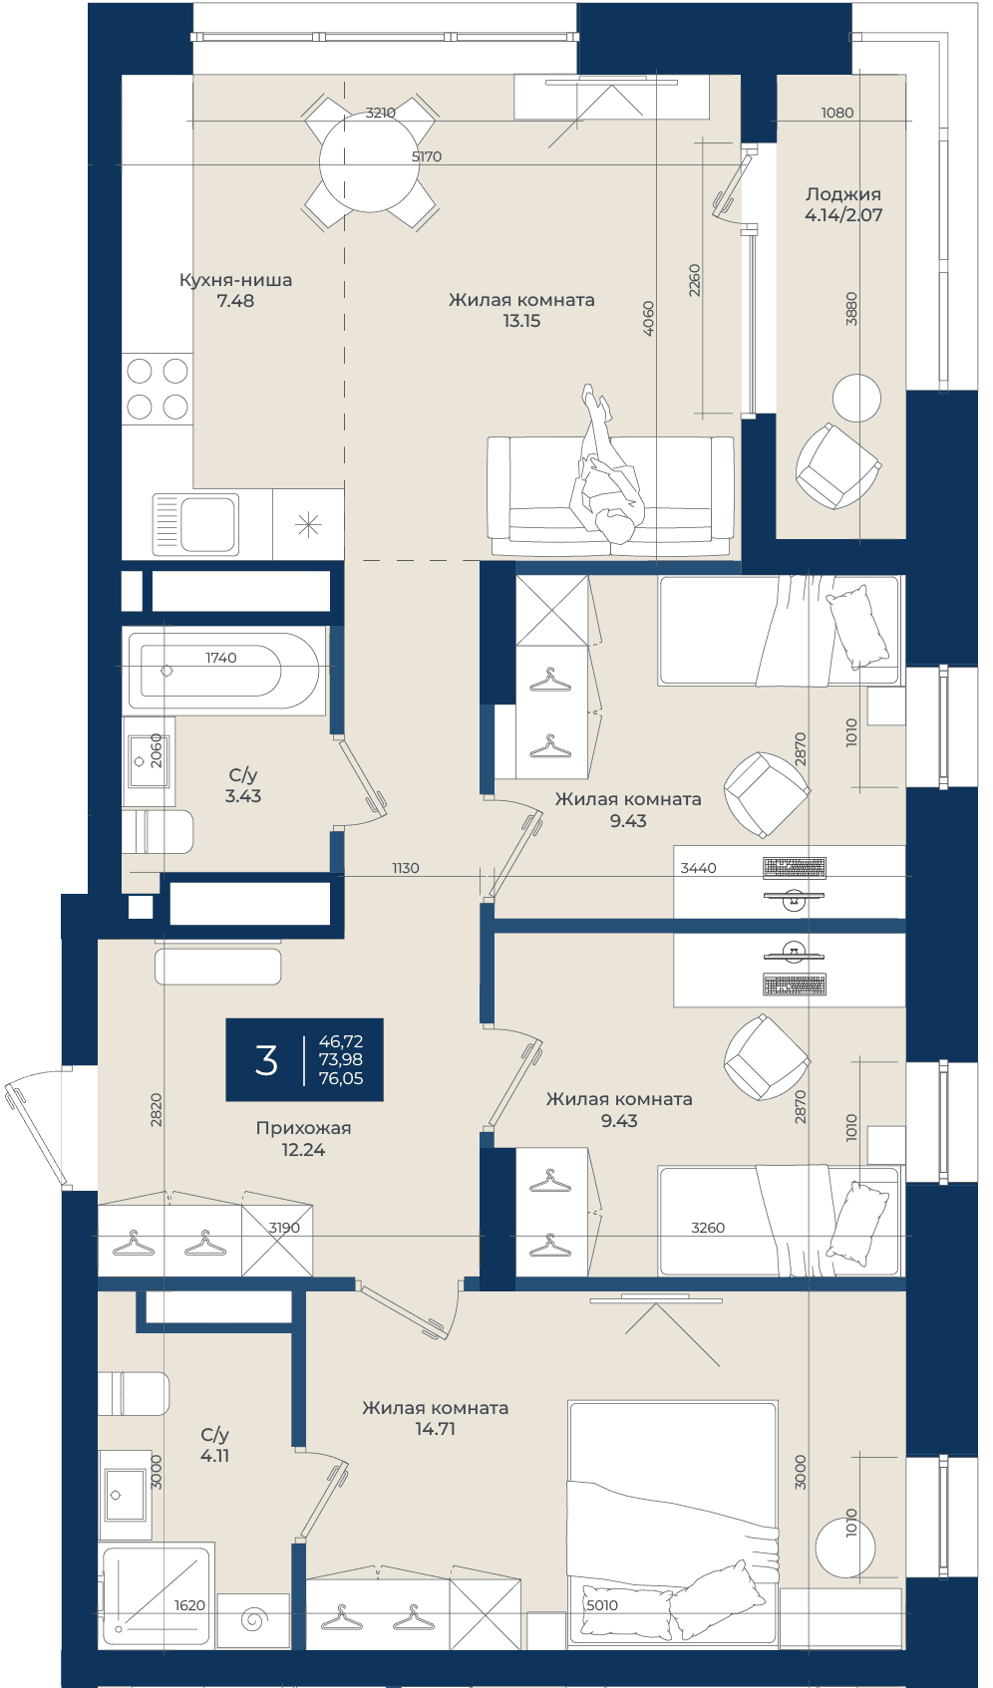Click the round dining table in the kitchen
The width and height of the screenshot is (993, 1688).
point(369,162)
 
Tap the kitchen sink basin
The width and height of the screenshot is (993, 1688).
point(206,524)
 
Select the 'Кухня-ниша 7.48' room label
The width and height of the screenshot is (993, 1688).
point(235,290)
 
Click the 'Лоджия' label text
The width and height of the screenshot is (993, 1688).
point(843,194)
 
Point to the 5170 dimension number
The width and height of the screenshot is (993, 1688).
point(427,156)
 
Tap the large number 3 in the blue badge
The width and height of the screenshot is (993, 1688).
point(266,1060)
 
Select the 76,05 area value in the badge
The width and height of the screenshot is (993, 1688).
point(341,1078)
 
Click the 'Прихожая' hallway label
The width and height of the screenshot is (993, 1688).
point(303,1128)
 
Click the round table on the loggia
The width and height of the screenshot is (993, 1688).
point(856,398)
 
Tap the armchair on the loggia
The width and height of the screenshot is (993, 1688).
point(837,465)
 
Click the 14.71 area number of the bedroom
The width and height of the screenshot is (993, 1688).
point(435,1429)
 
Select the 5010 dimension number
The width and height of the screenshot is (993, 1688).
point(601,1605)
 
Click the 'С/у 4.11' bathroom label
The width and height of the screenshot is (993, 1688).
point(215,1445)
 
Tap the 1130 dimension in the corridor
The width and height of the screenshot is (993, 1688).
point(405,868)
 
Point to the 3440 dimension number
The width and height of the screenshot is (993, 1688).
point(698,868)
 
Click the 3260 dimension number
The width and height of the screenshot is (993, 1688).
point(708,1228)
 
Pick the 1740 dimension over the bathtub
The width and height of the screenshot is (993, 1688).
point(221,658)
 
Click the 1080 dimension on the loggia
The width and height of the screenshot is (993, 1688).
point(836,113)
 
